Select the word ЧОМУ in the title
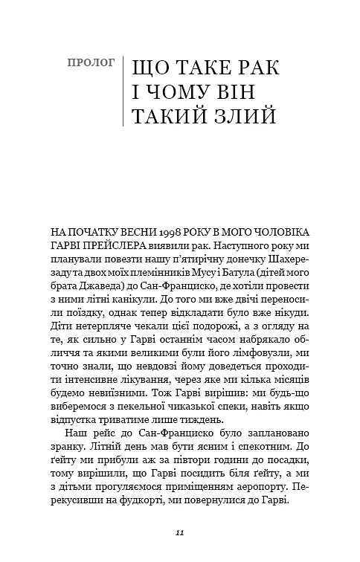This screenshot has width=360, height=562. point(184,94)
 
